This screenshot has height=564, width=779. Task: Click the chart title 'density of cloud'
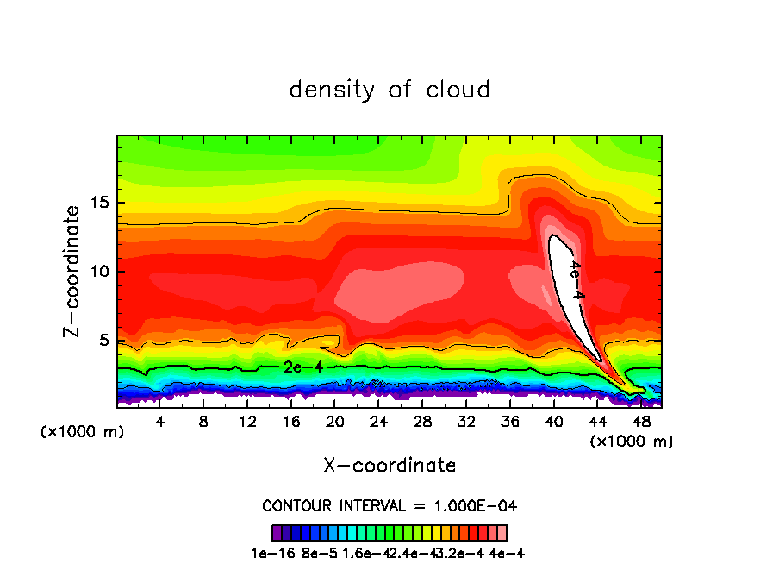click(389, 90)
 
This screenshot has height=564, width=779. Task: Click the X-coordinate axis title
click(389, 466)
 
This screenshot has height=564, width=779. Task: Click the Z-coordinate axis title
click(72, 271)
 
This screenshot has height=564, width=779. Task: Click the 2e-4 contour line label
click(303, 367)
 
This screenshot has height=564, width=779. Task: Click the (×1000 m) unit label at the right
click(631, 442)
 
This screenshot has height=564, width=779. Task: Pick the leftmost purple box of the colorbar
click(277, 533)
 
